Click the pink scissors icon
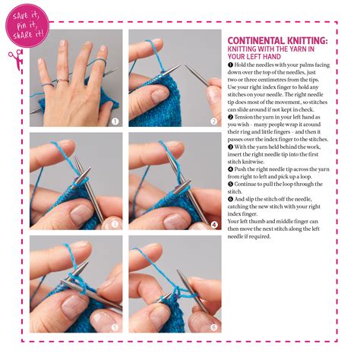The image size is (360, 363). (x=16, y=59)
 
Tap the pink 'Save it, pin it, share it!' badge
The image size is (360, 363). (x=27, y=26)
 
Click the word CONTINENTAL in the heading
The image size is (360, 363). (x=256, y=41)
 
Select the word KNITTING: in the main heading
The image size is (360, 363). (x=307, y=41)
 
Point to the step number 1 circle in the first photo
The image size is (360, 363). (x=115, y=122)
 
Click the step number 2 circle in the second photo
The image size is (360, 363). (x=214, y=122)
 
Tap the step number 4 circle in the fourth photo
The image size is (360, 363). (x=214, y=225)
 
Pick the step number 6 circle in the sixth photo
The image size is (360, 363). (x=214, y=327)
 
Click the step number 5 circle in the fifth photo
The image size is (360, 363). (x=115, y=327)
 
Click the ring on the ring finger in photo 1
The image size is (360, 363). (x=63, y=80)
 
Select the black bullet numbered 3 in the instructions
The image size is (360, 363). (x=230, y=147)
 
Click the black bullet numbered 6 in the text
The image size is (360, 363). (x=230, y=199)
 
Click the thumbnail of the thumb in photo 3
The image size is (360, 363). (x=81, y=211)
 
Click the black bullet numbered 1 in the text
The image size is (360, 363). (x=230, y=65)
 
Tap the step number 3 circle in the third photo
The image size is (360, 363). (x=115, y=224)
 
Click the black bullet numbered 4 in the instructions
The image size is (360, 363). (x=230, y=169)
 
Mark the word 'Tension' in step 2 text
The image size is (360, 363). (x=243, y=117)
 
